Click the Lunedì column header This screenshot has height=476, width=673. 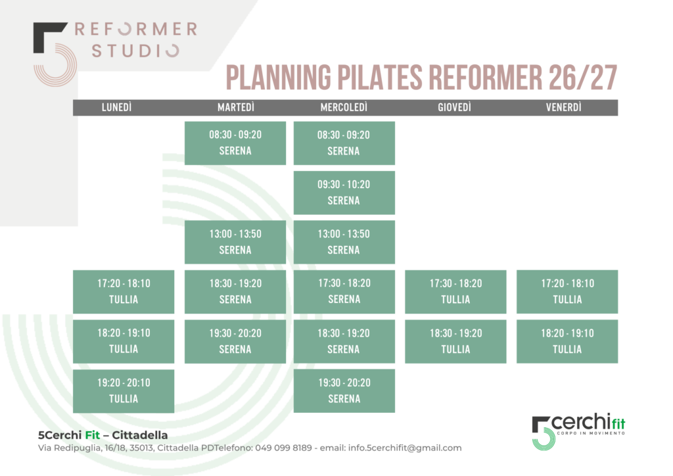click(117, 107)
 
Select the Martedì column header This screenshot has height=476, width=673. click(236, 107)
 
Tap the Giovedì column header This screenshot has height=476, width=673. click(455, 107)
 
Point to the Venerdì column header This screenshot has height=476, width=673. click(563, 107)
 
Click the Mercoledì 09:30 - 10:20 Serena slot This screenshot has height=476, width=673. click(344, 193)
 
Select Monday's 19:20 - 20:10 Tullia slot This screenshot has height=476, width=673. click(124, 391)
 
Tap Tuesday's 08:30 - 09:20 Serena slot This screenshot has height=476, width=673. click(235, 143)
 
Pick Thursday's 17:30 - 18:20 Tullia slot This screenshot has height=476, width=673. click(455, 292)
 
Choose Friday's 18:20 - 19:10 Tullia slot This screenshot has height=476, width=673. click(567, 342)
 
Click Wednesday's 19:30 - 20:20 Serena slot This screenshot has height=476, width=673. click(344, 391)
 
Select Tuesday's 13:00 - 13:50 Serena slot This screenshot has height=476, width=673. click(235, 242)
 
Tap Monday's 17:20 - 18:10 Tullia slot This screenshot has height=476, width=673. click(124, 292)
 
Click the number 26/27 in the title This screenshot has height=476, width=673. click(583, 78)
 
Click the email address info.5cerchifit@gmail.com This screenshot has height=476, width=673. click(405, 448)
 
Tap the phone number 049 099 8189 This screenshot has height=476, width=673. click(283, 448)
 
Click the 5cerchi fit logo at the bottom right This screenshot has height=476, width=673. click(578, 432)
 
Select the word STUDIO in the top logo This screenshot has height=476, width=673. click(135, 51)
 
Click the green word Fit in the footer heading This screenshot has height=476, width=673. click(92, 435)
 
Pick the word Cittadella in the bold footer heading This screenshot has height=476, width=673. click(140, 435)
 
